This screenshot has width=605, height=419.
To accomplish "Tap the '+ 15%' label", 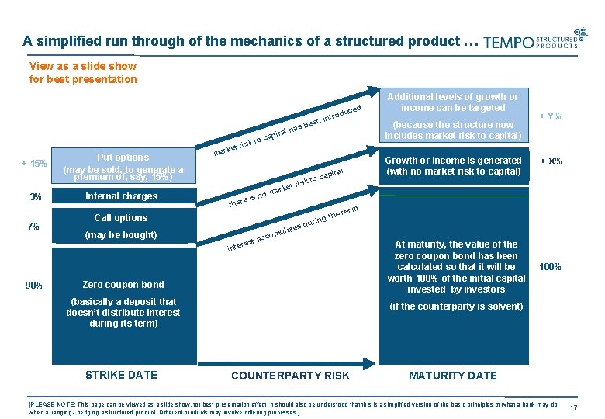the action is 34,164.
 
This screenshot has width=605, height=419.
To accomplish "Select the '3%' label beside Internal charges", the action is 35,197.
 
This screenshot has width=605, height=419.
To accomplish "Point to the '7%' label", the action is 33,226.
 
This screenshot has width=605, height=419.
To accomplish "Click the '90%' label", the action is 33,285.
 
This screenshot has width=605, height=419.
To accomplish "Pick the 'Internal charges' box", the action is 121,196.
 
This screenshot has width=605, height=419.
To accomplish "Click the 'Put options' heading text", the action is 123,157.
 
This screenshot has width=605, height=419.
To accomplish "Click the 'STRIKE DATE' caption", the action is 121,375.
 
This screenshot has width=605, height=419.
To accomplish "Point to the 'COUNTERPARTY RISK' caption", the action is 290,376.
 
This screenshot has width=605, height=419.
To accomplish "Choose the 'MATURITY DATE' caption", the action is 453,376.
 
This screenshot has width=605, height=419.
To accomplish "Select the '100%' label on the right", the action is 550,267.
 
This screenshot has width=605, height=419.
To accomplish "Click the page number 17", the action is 575,408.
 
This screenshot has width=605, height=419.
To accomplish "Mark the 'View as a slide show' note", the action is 82,72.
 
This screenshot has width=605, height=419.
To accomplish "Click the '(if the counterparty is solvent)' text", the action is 456,306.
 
